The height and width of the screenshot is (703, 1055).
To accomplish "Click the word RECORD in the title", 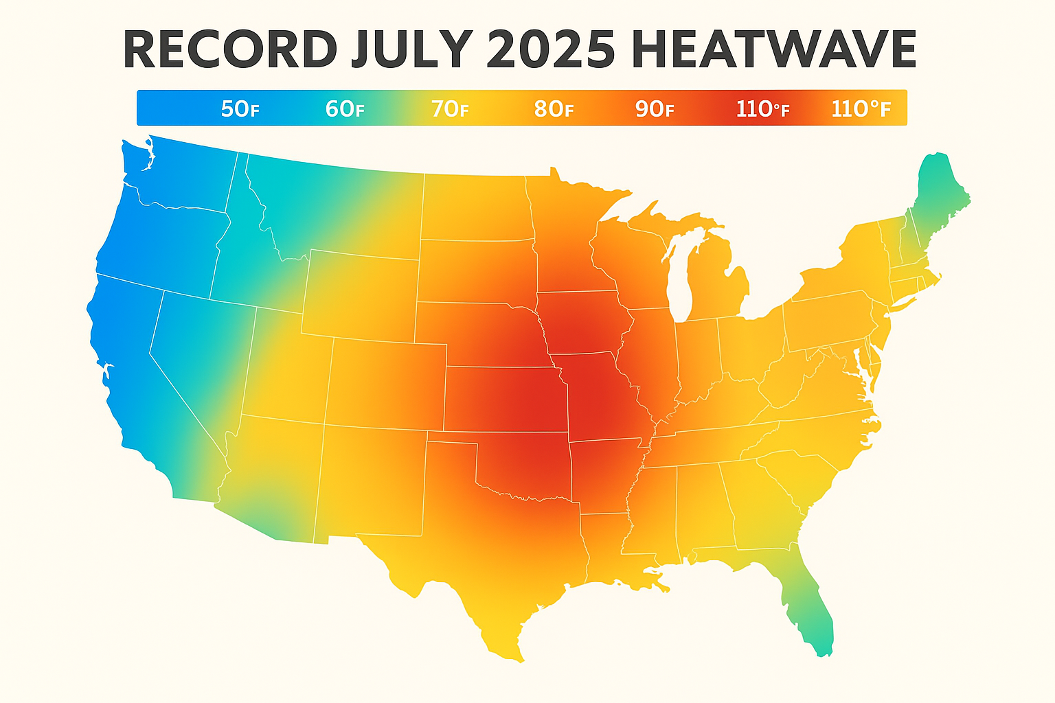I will tap(230, 49).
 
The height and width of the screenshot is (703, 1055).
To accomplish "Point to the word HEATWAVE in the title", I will tap(773, 49).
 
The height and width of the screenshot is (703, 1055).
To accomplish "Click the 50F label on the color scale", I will tap(240, 108).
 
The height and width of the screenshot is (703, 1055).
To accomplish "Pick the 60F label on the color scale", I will tap(344, 108).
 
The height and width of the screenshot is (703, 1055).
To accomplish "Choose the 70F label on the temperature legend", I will tap(449, 108).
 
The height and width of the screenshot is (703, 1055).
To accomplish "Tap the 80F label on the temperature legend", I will tap(554, 108).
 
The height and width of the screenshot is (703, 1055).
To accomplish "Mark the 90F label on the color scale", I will tap(655, 108).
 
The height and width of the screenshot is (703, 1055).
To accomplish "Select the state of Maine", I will tap(938, 199).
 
